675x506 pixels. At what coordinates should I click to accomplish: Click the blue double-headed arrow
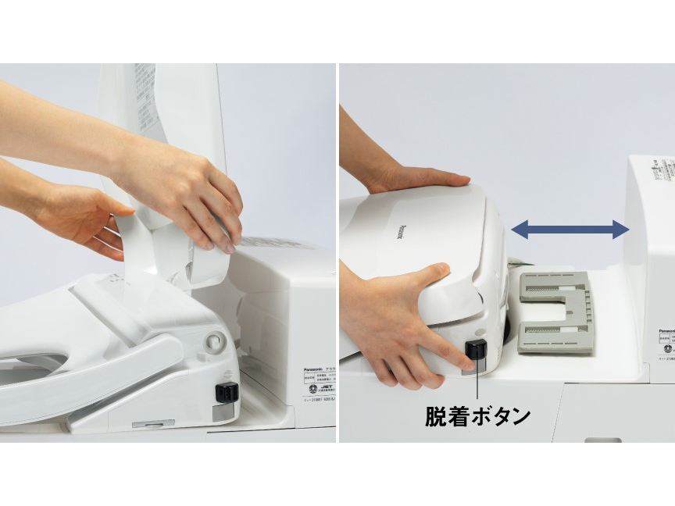570,229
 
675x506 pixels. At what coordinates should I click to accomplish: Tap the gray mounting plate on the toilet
556,312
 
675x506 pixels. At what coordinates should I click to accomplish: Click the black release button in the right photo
476,349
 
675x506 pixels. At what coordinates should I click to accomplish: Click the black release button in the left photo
226,390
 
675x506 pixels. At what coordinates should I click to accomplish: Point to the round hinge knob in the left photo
215,341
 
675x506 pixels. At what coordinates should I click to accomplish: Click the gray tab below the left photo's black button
226,408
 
